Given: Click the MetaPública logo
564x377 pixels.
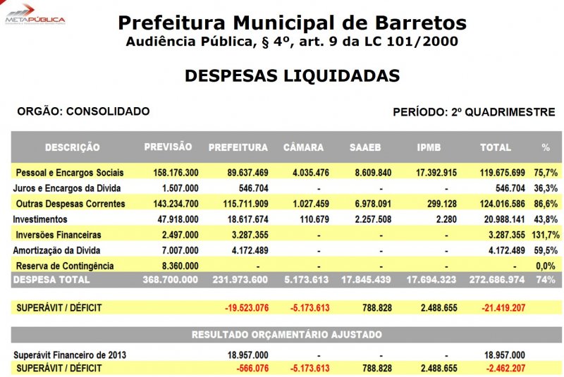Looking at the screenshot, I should point(35,13).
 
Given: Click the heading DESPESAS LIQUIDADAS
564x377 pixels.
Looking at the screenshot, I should point(292,76).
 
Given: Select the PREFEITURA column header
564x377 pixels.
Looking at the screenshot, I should point(238,148).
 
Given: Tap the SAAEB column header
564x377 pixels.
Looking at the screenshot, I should point(365,148).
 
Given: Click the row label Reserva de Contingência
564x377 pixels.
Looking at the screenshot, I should point(64,266).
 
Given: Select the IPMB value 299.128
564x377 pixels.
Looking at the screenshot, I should point(431,204).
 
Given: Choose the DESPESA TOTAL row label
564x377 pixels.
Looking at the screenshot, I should point(52,280).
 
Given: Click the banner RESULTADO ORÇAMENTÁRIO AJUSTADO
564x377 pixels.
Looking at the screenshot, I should point(286,334).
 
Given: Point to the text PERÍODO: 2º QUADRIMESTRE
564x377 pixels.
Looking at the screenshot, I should point(474,112).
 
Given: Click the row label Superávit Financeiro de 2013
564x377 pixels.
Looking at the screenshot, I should point(70,354).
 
